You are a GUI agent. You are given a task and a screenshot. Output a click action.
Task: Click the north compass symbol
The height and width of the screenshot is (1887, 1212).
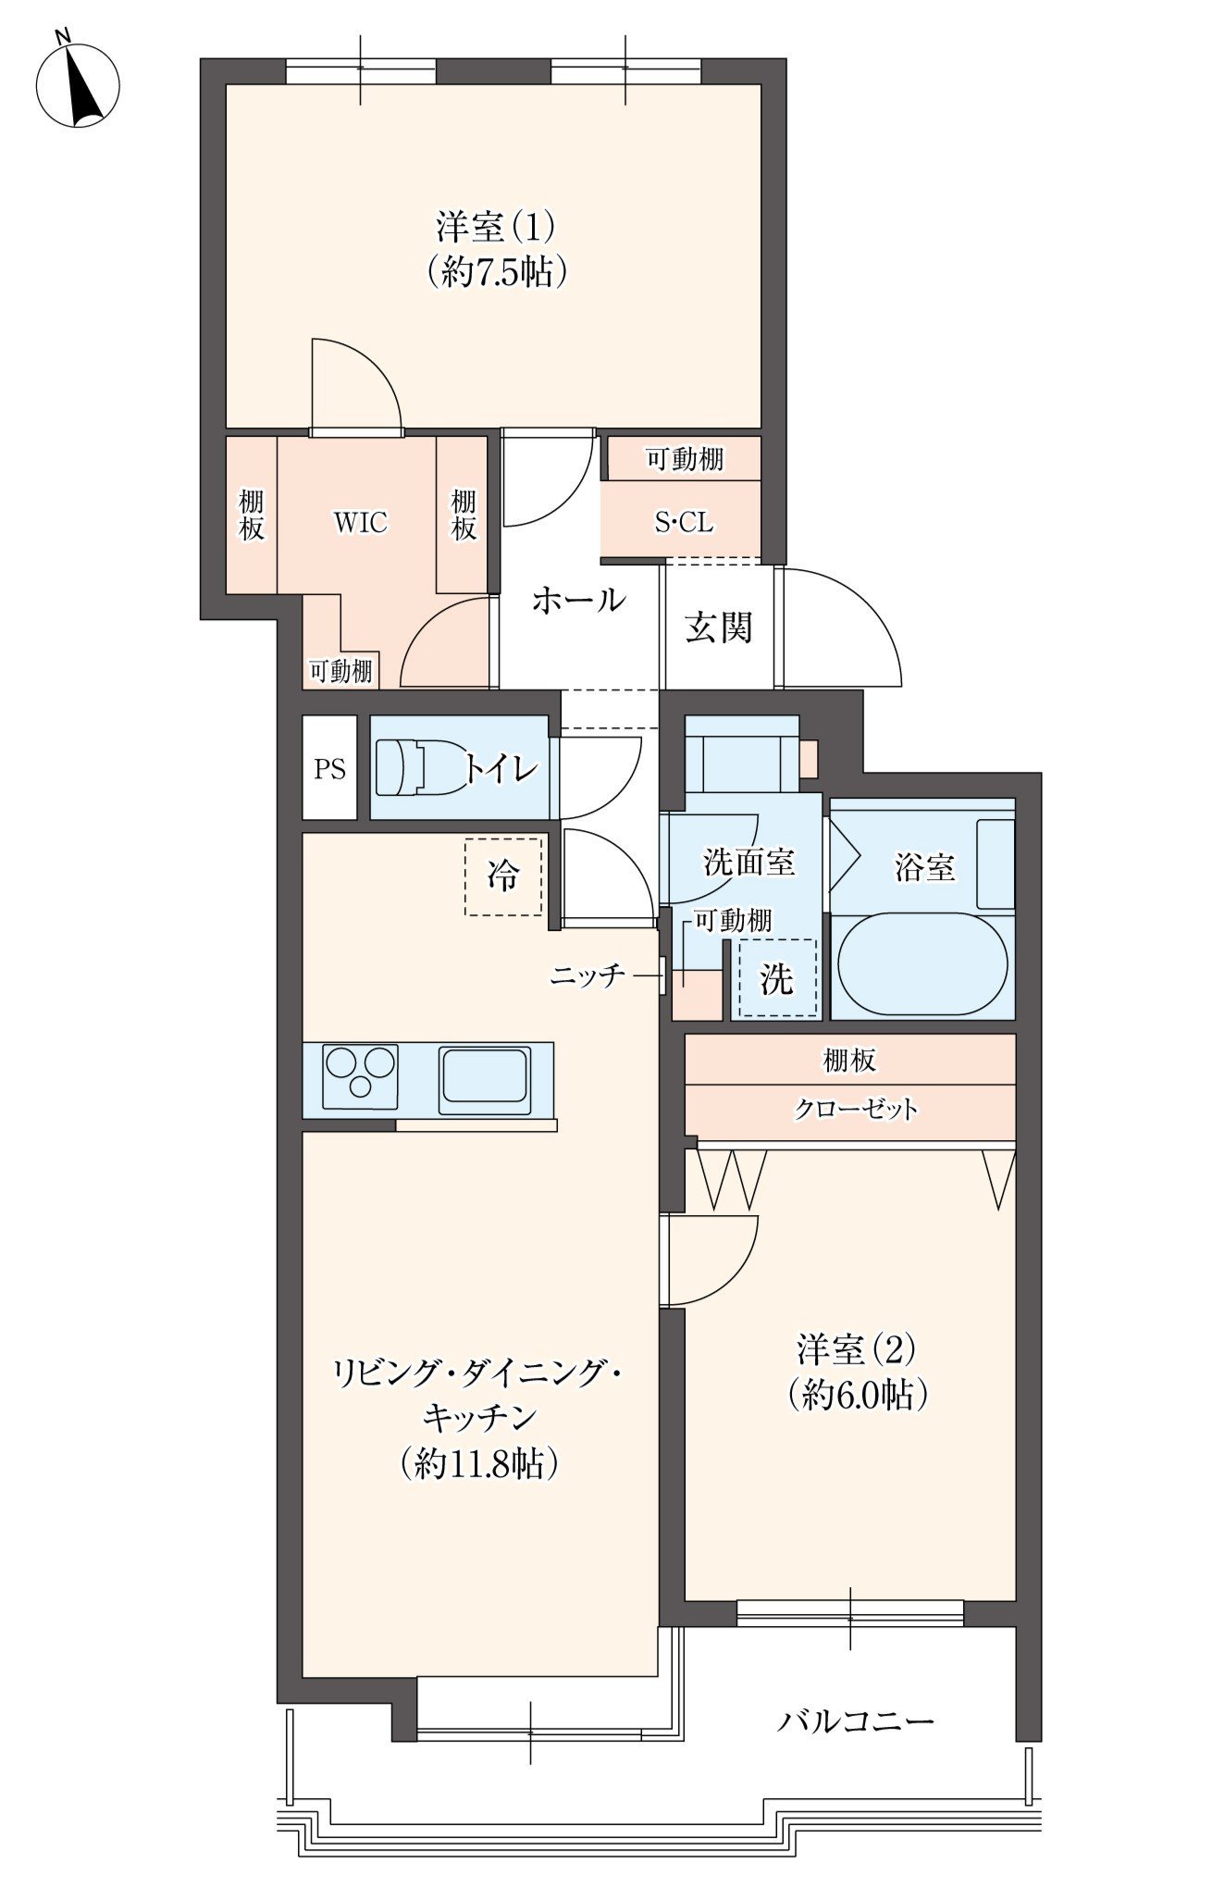tap(78, 84)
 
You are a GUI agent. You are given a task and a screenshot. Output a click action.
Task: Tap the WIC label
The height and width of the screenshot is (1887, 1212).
tap(361, 523)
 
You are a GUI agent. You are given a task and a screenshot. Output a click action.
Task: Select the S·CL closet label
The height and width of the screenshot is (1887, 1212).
tap(684, 523)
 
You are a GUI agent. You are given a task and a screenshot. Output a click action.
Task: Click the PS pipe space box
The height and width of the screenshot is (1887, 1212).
tap(329, 768)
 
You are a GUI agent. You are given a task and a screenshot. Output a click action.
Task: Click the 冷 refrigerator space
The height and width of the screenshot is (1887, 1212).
tap(503, 876)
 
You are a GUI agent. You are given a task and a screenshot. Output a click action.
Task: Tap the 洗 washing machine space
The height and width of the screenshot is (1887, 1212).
tap(777, 978)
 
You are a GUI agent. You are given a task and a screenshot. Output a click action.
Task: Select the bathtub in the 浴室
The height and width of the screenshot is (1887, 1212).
tap(922, 964)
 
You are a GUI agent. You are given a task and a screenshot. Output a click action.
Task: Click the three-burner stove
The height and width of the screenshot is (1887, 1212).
tap(360, 1076)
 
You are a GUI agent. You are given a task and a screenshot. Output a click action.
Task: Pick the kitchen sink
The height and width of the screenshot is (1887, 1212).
tap(485, 1079)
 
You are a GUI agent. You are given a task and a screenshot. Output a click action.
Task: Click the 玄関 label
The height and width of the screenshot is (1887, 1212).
tap(718, 627)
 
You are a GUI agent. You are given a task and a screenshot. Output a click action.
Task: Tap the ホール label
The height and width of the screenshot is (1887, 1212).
tap(578, 600)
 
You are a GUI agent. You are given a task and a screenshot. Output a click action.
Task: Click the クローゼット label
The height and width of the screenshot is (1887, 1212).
tap(856, 1109)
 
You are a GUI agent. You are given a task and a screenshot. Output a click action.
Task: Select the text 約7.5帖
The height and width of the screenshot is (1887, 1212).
tap(497, 272)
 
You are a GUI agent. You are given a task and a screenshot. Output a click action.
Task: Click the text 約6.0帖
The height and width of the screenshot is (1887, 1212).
tap(857, 1394)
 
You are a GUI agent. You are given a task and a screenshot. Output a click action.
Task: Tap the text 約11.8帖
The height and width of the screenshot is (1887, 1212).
tap(478, 1463)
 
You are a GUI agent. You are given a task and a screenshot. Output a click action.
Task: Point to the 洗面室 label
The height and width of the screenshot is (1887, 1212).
tap(748, 863)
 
